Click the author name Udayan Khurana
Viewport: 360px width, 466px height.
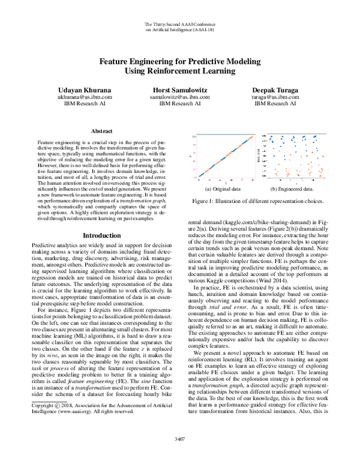pyautogui.click(x=76, y=88)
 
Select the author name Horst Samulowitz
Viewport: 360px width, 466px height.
pyautogui.click(x=179, y=88)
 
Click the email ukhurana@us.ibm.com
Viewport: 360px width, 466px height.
pyautogui.click(x=76, y=96)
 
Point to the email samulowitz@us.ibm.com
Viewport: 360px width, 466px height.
pyautogui.click(x=179, y=96)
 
